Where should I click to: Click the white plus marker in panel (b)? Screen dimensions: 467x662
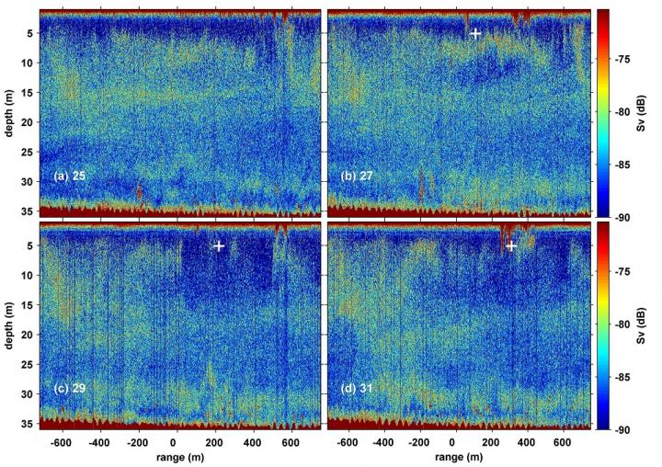point(475,33)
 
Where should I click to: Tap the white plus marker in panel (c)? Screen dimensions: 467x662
point(219,245)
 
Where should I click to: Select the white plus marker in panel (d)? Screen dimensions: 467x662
point(511,245)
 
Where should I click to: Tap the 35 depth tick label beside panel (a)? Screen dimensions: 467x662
point(29,211)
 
